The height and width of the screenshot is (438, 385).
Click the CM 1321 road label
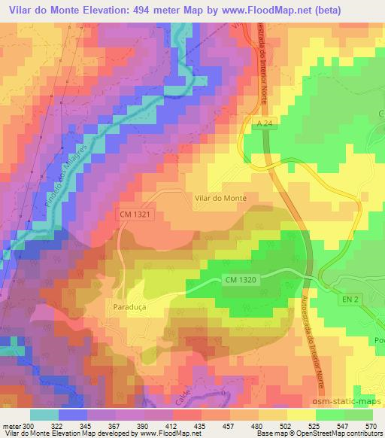pos(136,214)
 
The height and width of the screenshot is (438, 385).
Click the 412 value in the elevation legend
pos(175,425)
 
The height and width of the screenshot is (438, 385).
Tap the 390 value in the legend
pos(148,425)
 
